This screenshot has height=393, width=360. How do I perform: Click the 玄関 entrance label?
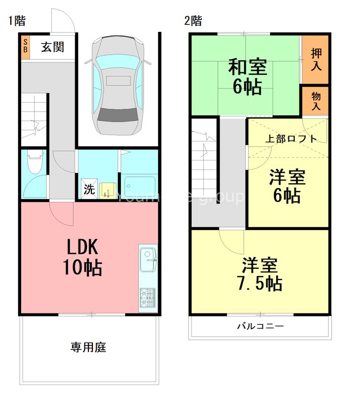[x=53, y=47]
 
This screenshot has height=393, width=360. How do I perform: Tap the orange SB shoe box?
[x=25, y=47]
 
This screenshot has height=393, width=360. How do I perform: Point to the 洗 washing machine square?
[x=88, y=189]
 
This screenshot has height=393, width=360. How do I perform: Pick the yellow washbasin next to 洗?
[x=107, y=190]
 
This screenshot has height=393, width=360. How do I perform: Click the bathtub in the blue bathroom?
[x=139, y=187]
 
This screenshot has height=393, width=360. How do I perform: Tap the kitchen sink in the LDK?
[x=148, y=260]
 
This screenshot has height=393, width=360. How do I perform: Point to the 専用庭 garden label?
[x=88, y=348]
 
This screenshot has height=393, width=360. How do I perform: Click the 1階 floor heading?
[x=17, y=21]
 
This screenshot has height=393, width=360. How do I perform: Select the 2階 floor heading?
[x=193, y=21]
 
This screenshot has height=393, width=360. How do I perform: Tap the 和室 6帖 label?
[x=247, y=77]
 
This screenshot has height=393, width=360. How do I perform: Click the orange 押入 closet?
[x=315, y=59]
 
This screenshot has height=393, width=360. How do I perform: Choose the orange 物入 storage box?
[x=315, y=101]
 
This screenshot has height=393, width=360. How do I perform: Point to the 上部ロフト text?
[x=291, y=139]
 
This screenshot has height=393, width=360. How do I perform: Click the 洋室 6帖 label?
[x=287, y=186]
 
